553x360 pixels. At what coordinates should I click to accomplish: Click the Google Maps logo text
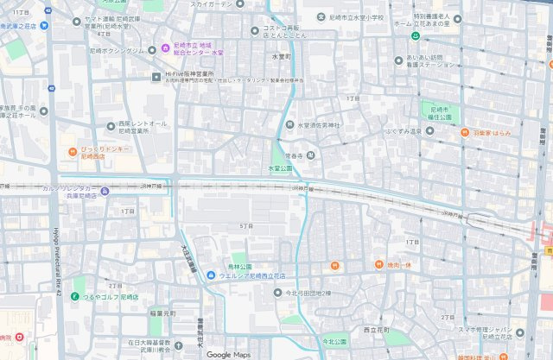point(228,354)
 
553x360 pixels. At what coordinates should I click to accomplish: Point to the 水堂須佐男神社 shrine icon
point(290,125)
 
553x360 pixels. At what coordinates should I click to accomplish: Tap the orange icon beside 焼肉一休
point(378,264)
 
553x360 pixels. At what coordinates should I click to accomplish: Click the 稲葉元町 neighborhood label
point(162,313)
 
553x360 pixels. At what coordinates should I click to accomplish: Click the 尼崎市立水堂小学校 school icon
point(327,17)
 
